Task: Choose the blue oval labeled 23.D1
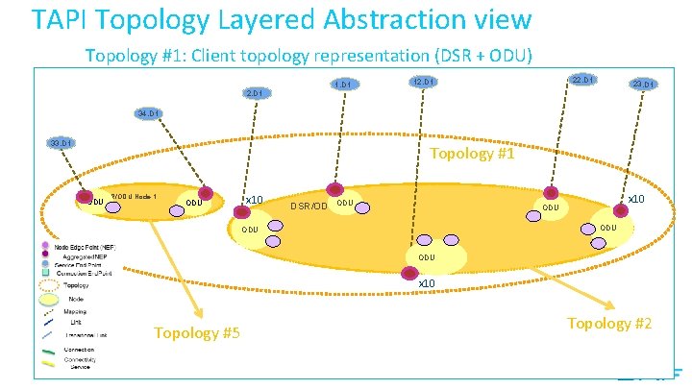[x=643, y=85]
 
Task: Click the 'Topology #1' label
[x=473, y=155]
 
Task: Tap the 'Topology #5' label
[x=197, y=333]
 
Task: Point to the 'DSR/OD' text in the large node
[x=309, y=206]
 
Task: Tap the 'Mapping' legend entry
[x=74, y=312]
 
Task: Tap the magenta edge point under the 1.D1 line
[x=334, y=190]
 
